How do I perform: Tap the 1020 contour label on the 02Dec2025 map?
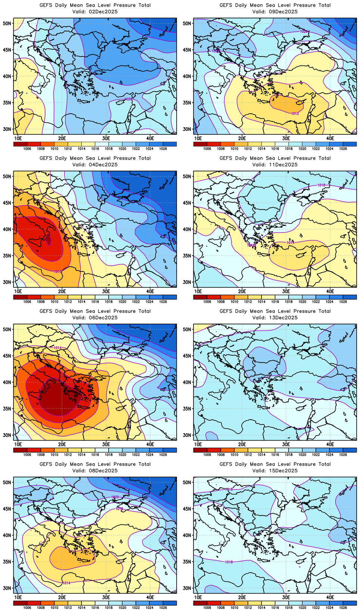pos(128,99)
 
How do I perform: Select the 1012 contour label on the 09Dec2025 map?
pos(295,113)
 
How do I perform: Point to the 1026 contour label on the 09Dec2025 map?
pos(304,32)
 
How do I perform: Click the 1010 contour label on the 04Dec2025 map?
pos(58,272)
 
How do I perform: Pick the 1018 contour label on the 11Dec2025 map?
pos(321,185)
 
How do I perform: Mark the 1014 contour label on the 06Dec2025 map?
pos(58,348)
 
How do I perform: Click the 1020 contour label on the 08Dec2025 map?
pos(115,497)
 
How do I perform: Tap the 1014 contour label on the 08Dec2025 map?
pos(66,583)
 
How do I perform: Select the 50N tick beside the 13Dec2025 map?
pos(187,330)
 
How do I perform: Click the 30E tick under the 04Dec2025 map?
pos(106,291)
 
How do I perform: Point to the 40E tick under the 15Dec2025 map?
pos(330,597)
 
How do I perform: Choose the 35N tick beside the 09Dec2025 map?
pos(187,103)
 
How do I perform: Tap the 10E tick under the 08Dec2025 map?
pos(18,597)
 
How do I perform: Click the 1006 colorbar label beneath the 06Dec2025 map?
pos(27,455)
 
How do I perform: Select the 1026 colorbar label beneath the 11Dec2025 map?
pos(343,302)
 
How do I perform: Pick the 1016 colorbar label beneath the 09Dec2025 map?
pos(275,149)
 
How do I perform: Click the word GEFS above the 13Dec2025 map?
pos(226,311)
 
